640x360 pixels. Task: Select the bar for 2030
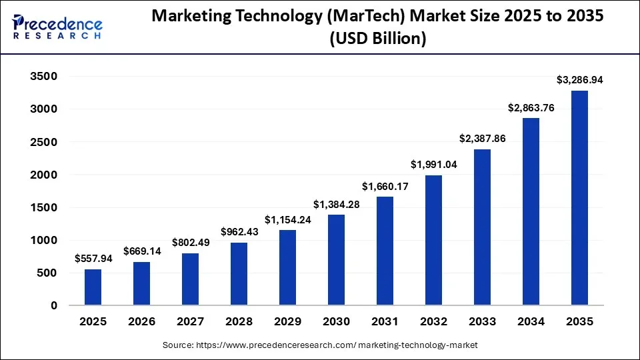tap(336, 260)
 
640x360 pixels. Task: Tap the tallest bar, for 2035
tap(579, 198)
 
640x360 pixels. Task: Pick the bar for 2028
tap(239, 273)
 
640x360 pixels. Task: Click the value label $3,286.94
tap(579, 80)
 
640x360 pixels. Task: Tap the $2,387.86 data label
tap(482, 139)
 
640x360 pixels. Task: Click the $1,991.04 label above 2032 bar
tap(433, 165)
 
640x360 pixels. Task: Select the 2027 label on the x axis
tap(190, 322)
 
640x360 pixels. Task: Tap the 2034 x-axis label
tap(531, 322)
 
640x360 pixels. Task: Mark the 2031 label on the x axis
tap(385, 322)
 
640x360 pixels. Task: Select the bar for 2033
tap(482, 227)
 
